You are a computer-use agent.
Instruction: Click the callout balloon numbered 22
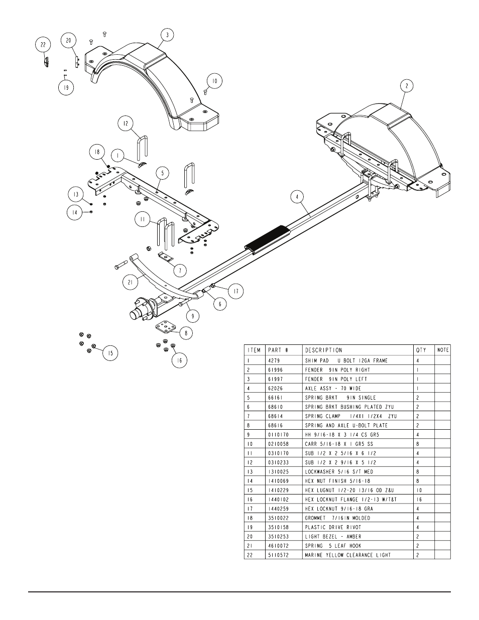[43, 45]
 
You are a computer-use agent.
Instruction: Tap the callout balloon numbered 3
[167, 35]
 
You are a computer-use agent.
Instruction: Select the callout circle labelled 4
[298, 197]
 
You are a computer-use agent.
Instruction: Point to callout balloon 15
[110, 353]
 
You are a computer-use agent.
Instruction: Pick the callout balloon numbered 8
[186, 333]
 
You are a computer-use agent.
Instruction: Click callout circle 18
[97, 152]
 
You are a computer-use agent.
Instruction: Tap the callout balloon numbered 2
[407, 86]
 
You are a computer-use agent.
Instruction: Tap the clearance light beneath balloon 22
[46, 62]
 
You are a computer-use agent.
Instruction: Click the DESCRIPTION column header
[323, 350]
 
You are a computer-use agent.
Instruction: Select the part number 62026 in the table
[276, 389]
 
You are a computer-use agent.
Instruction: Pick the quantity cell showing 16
[419, 500]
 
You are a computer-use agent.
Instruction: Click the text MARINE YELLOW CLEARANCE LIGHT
[348, 555]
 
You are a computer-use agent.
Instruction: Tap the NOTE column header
[443, 350]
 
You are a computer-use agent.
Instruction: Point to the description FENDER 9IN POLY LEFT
[336, 379]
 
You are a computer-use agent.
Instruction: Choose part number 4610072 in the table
[279, 546]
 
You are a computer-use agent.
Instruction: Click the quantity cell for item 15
[419, 490]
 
